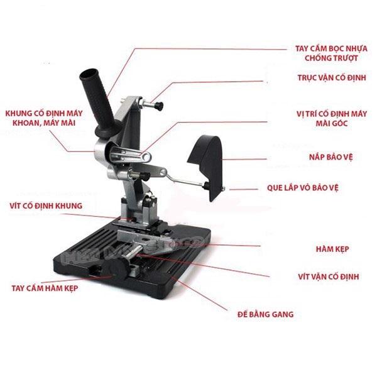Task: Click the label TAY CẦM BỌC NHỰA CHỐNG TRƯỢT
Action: [x=331, y=53]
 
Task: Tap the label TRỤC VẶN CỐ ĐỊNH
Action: [x=332, y=78]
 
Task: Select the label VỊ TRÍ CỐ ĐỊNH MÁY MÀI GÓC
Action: [x=332, y=118]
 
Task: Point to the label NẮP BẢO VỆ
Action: [x=331, y=157]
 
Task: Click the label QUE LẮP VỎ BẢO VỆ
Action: [x=303, y=187]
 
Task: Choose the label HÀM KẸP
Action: [x=332, y=249]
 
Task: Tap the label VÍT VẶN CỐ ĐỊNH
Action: [x=329, y=276]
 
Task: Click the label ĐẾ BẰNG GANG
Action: [x=265, y=314]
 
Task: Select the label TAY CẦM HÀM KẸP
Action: [x=45, y=288]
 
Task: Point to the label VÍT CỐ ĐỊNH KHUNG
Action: [x=46, y=205]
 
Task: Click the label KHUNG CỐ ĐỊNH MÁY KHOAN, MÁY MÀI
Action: [x=44, y=118]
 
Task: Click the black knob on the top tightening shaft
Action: [x=159, y=106]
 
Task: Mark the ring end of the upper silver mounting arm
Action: [x=146, y=157]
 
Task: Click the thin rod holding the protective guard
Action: [x=185, y=180]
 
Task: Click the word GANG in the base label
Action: [x=283, y=314]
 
